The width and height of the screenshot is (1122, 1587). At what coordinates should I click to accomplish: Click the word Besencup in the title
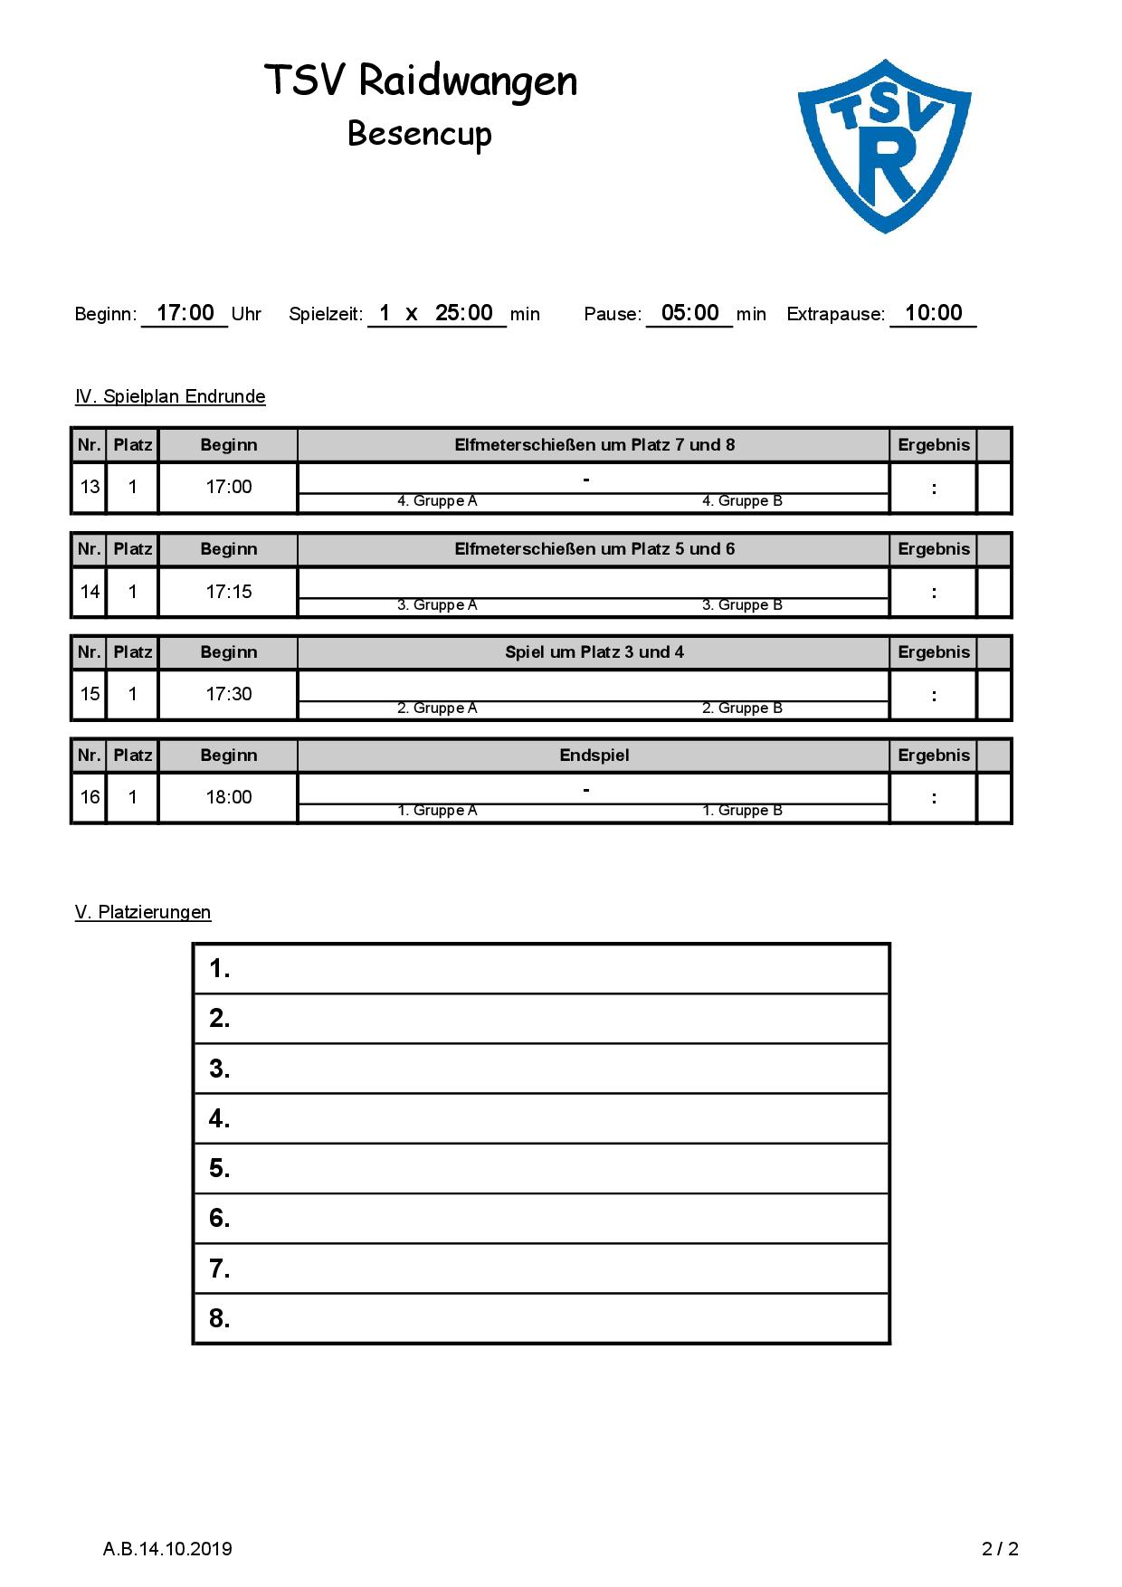[x=420, y=134]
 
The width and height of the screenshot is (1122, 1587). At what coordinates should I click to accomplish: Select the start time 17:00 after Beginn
[x=185, y=313]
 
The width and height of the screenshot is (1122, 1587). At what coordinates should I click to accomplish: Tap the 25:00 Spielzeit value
[x=464, y=313]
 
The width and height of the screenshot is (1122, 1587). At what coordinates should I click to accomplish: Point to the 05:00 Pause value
[x=689, y=313]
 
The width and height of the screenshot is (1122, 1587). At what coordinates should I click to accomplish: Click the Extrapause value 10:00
[x=933, y=313]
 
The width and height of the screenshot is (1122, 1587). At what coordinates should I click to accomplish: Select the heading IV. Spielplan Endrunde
[x=170, y=396]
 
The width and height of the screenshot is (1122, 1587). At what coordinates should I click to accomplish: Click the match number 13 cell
[x=90, y=487]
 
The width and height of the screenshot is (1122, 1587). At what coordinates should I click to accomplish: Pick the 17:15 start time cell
[x=228, y=592]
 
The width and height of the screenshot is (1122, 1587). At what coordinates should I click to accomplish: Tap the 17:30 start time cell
[x=228, y=694]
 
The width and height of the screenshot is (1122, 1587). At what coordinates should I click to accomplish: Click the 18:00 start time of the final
[x=228, y=797]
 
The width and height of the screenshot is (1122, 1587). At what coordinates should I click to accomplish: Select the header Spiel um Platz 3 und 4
[x=594, y=652]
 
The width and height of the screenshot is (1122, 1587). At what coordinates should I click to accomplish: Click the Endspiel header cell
[x=594, y=755]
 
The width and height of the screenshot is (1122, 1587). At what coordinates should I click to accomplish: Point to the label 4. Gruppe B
[x=742, y=501]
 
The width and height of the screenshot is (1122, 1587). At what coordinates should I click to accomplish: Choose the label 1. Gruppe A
[x=437, y=811]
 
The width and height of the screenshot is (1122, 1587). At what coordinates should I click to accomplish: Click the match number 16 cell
[x=90, y=797]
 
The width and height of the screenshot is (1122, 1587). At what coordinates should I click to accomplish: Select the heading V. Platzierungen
[x=143, y=912]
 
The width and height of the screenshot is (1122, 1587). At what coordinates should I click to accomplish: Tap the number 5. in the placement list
[x=220, y=1168]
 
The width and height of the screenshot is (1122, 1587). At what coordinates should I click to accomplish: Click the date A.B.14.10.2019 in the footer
[x=167, y=1549]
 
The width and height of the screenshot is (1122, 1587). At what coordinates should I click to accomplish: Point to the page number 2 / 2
[x=1000, y=1549]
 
